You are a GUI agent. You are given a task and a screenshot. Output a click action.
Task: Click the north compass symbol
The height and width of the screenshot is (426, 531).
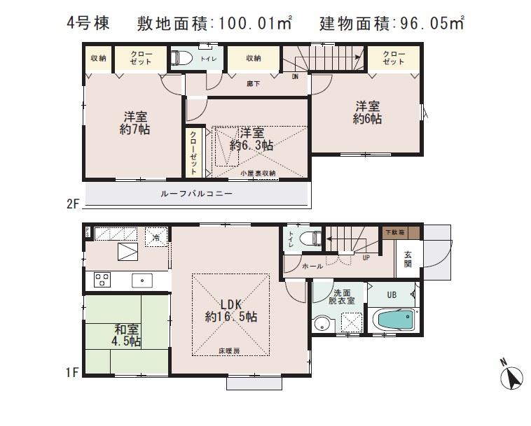512,377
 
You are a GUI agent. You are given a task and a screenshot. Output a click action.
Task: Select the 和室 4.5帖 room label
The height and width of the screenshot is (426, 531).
127,334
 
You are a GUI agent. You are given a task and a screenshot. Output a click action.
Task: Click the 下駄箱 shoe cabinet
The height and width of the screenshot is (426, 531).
401,232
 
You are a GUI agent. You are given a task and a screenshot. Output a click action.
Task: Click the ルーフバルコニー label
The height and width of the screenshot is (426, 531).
195,192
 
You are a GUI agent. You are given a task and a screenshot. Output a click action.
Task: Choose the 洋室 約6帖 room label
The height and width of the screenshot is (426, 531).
368,113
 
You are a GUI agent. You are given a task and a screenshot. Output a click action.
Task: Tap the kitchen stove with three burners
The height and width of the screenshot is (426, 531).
102,280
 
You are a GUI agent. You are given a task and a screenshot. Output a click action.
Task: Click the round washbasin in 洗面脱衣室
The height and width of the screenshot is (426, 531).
323,323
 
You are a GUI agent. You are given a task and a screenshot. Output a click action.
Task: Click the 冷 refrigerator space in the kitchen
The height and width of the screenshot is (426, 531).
156,237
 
